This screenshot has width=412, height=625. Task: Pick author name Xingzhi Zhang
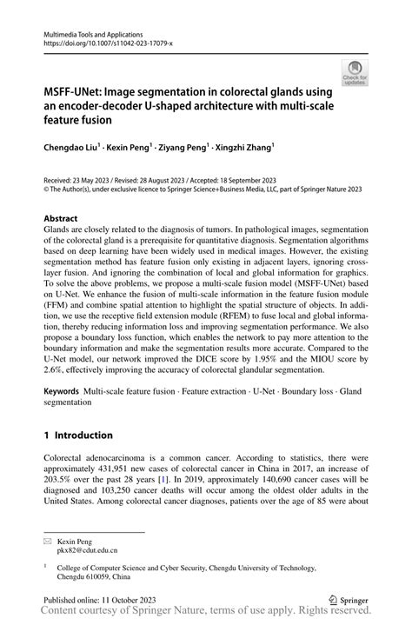coord(244,149)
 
